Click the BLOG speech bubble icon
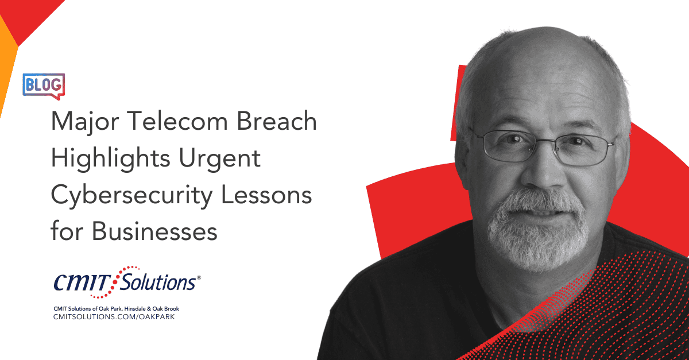click(x=44, y=86)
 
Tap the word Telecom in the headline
click(x=177, y=121)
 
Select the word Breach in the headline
click(x=277, y=121)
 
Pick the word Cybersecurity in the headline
click(x=131, y=196)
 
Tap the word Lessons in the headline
click(x=266, y=195)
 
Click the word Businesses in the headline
click(x=154, y=231)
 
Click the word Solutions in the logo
click(x=157, y=281)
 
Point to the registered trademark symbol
click(x=199, y=277)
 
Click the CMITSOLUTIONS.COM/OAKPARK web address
click(x=114, y=317)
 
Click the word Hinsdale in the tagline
click(x=136, y=309)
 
